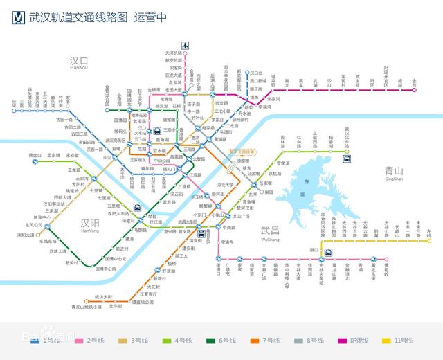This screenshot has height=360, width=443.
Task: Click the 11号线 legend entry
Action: click(x=402, y=341)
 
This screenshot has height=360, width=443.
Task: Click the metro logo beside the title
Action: click(x=19, y=17)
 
